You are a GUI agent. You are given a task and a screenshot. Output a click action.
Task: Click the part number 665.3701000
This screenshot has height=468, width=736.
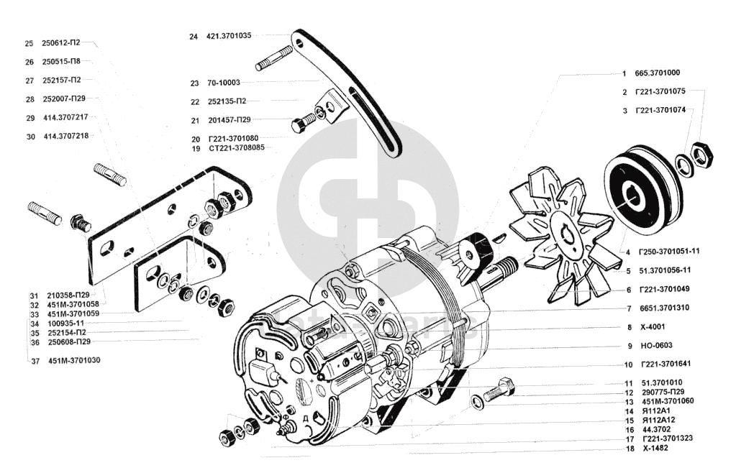pyautogui.click(x=657, y=73)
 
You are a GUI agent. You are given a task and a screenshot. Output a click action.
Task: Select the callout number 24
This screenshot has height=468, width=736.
pyautogui.click(x=194, y=36)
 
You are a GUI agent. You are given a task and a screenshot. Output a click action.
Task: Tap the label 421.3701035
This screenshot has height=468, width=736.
pyautogui.click(x=229, y=36)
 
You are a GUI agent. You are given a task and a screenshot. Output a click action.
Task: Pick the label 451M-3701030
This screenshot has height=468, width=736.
pyautogui.click(x=74, y=360)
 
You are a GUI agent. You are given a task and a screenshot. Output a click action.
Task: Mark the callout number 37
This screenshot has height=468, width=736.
pyautogui.click(x=35, y=360)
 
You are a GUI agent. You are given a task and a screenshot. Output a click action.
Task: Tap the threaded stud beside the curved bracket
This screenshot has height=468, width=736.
pyautogui.click(x=272, y=58)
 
